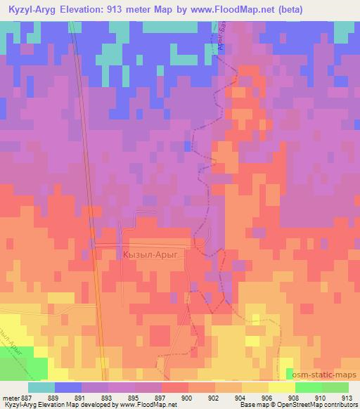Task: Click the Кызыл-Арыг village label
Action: [153, 256]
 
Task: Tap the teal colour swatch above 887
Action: [41, 387]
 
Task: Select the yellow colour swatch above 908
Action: [281, 387]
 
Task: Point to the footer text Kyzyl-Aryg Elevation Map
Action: [37, 405]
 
